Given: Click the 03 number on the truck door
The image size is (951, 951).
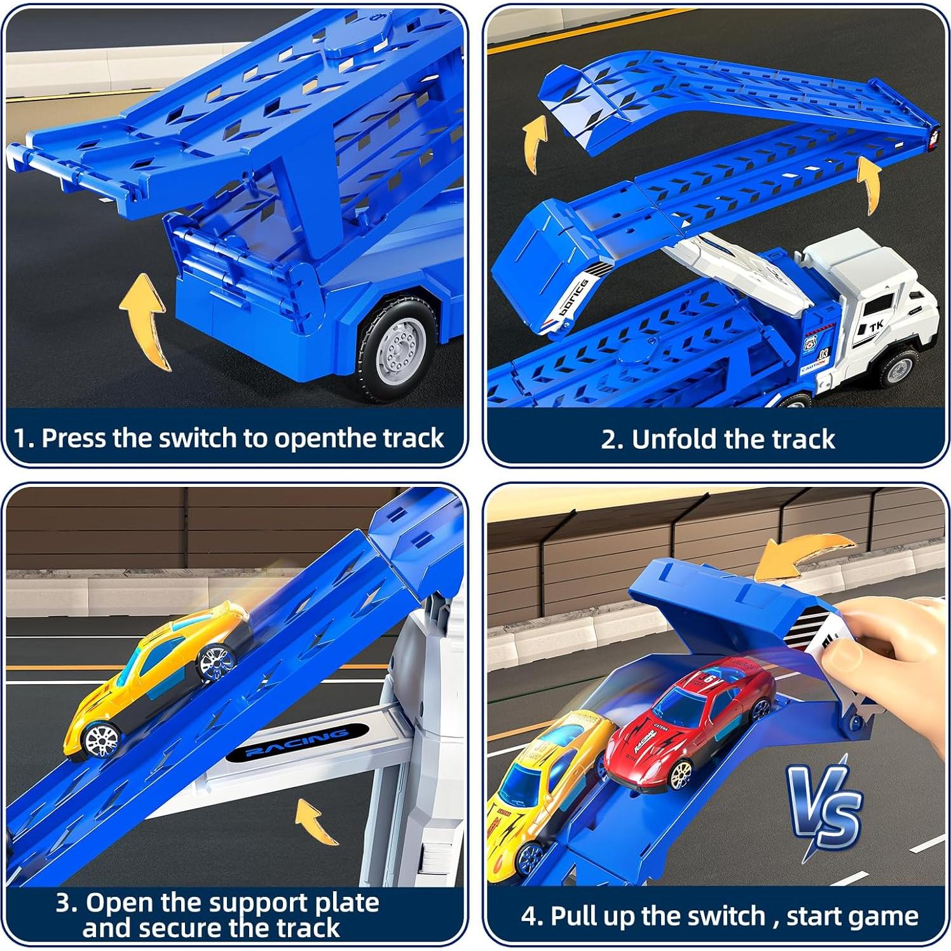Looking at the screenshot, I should tap(824, 353).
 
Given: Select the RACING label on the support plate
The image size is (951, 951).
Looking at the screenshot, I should tap(297, 742).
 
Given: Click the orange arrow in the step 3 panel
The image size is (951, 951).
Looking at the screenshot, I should tap(316, 820).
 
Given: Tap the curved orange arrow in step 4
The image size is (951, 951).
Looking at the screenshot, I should tap(807, 553).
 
